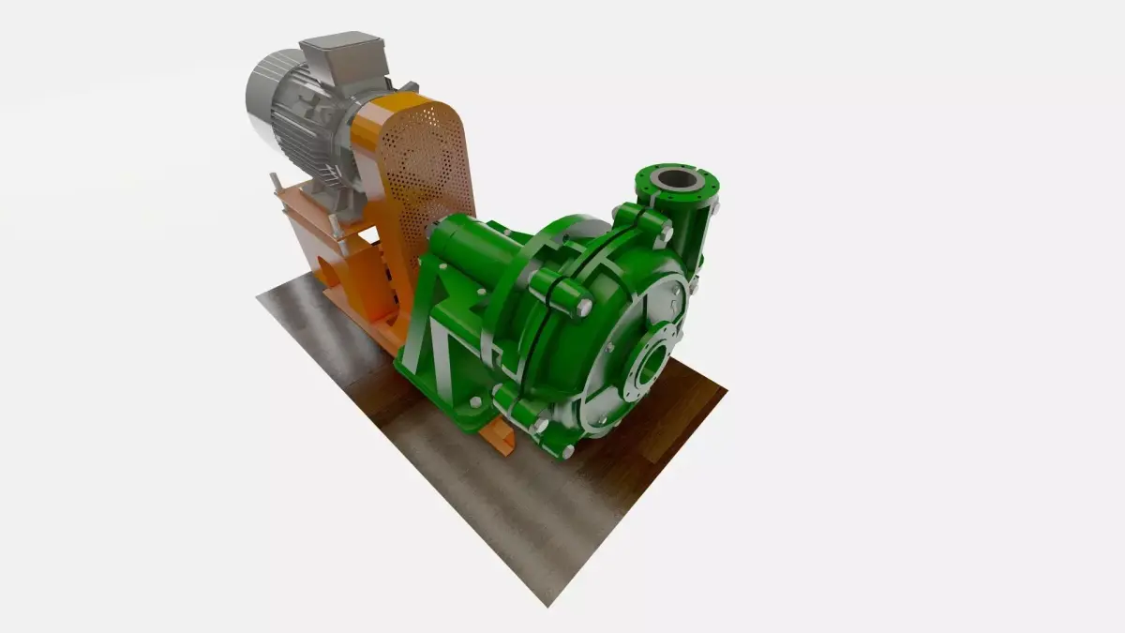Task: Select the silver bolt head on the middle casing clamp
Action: [583, 307]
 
